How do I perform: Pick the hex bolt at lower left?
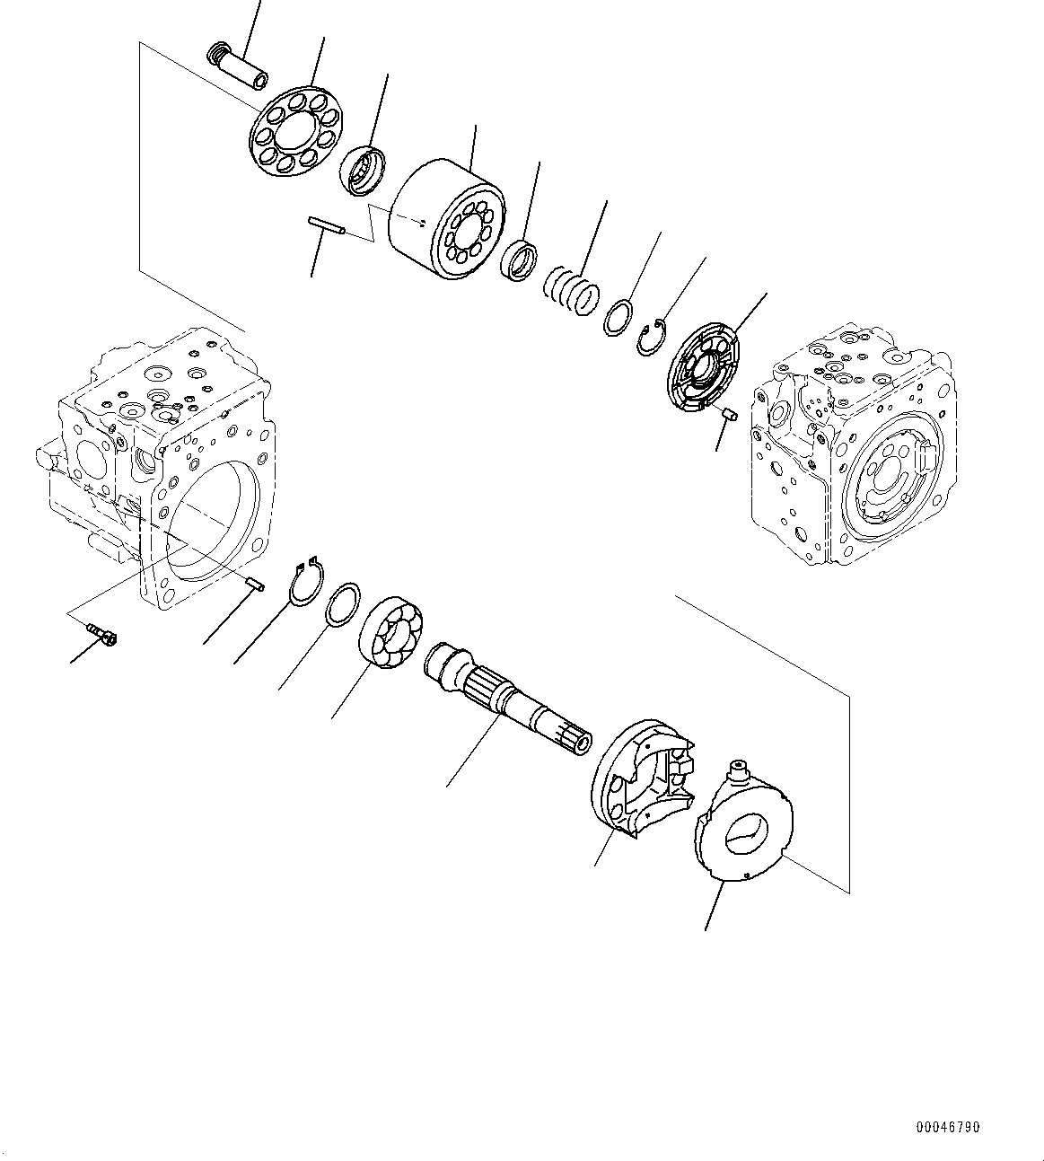103,636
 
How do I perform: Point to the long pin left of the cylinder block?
327,226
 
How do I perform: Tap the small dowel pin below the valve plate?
730,413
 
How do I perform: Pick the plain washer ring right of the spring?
617,318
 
